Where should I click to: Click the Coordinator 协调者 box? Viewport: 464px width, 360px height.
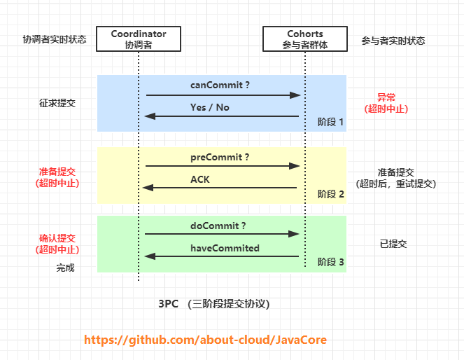coord(139,39)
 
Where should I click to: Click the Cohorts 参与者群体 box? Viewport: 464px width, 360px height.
coord(305,39)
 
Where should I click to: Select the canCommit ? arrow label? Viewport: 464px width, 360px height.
coord(220,85)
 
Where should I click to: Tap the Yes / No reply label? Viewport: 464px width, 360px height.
coord(209,107)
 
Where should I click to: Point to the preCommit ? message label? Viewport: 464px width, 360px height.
coord(220,157)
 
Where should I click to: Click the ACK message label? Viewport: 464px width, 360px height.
coord(200,179)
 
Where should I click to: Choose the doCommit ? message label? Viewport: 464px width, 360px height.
coord(218,226)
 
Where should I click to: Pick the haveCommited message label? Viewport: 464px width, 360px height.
coord(225,248)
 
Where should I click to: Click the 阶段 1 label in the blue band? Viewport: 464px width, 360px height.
coord(331,122)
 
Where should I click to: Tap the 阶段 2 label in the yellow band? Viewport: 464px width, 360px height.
coord(331,194)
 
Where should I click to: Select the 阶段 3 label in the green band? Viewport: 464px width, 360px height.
coord(331,263)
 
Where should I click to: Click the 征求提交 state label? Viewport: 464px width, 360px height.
coord(57,103)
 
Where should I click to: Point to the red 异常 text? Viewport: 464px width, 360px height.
coord(386,97)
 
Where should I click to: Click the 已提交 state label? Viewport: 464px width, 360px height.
coord(393,244)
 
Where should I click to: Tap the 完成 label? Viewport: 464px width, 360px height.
coord(66,268)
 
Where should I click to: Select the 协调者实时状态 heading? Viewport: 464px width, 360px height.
coord(55,40)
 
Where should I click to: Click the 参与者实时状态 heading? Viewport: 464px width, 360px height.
coord(393,41)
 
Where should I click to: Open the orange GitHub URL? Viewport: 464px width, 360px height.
coord(205,340)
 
